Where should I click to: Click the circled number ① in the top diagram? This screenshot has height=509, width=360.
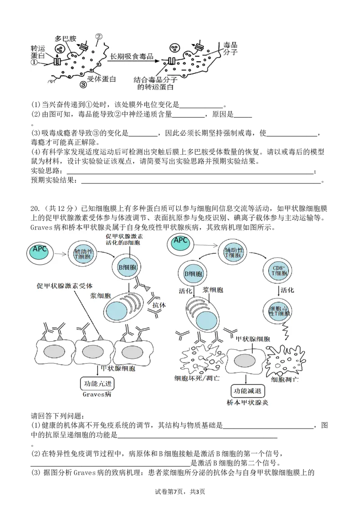click(x=34, y=63)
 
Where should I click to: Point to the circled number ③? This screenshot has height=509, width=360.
click(x=83, y=85)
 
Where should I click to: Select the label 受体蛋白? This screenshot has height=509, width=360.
click(x=101, y=79)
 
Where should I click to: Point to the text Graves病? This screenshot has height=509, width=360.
click(x=97, y=395)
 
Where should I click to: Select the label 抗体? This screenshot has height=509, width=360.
click(x=158, y=305)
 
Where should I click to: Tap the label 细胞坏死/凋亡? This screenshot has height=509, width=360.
click(x=198, y=379)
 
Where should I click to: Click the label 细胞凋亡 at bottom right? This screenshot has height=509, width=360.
click(x=282, y=380)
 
